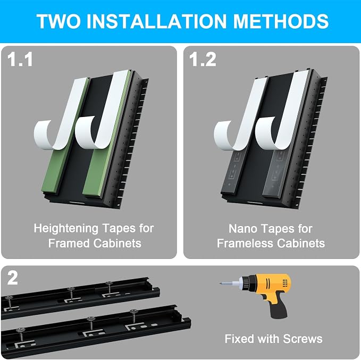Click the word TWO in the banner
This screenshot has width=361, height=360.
click(58, 21)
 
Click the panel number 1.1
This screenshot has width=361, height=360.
click(20, 60)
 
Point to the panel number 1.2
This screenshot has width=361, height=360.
click(203, 60)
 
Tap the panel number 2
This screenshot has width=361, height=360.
click(12, 278)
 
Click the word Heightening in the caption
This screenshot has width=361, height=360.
click(66, 229)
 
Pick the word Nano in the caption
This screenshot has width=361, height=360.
click(242, 229)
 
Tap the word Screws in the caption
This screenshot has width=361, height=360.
click(303, 339)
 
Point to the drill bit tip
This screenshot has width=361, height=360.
click(221, 283)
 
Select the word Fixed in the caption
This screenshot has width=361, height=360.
click(239, 339)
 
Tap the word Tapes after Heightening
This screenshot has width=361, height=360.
click(119, 229)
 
